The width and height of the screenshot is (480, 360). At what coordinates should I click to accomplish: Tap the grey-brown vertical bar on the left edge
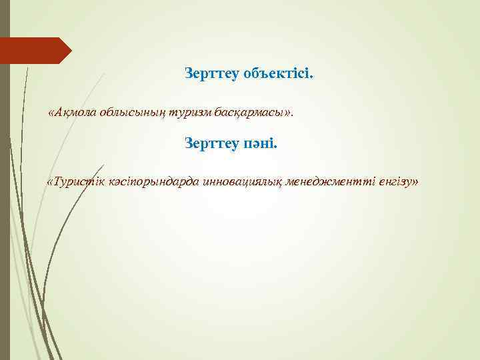pos(5,200)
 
